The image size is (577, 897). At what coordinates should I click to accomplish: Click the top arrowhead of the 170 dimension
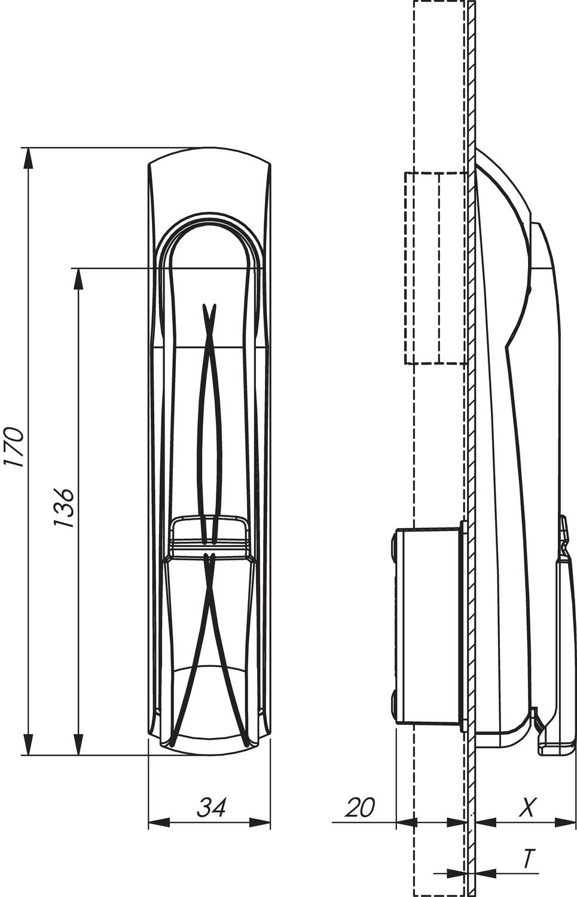point(28,158)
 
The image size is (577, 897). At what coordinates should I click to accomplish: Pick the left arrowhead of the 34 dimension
point(158,823)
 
